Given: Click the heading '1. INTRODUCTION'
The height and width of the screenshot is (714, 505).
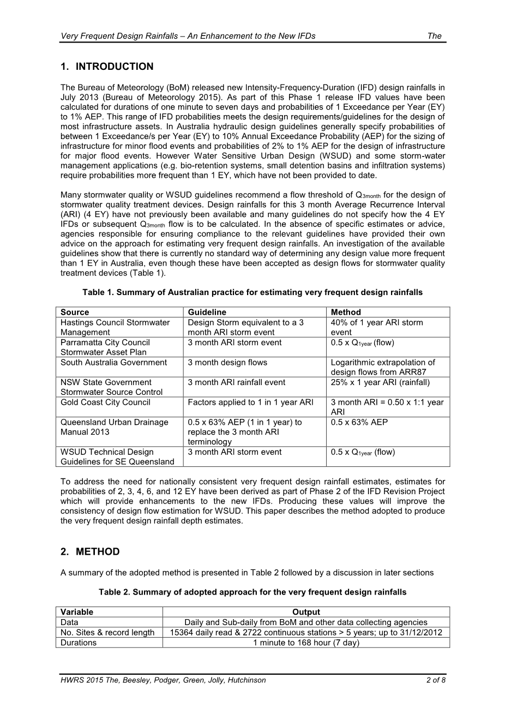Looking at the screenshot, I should [107, 67].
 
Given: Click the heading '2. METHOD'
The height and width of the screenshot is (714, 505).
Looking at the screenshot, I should [90, 551].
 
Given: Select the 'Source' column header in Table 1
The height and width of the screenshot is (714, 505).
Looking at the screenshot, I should [75, 312].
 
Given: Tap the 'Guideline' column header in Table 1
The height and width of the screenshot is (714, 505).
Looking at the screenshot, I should [207, 312].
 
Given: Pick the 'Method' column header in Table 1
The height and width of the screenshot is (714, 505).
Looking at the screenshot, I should [346, 312].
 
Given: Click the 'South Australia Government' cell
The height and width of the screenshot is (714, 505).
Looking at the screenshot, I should [113, 362].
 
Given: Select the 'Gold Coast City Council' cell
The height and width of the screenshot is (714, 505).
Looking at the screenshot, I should [105, 402].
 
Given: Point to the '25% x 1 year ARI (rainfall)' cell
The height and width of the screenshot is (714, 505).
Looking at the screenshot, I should [380, 382].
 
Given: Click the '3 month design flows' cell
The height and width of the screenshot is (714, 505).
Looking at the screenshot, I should [227, 362].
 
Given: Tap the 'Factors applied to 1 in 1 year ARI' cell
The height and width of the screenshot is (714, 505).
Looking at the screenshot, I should [250, 402].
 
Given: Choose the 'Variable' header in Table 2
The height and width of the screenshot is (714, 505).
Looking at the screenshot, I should [77, 612].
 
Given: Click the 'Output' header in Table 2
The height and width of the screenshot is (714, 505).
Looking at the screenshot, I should [306, 612].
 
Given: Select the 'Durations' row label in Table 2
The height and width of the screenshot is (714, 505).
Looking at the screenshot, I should [79, 642].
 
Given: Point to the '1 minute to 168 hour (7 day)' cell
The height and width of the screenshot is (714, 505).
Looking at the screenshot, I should [306, 642].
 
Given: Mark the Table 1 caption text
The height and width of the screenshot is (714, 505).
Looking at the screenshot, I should [253, 292].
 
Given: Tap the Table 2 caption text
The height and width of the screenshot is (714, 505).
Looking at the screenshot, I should [253, 592].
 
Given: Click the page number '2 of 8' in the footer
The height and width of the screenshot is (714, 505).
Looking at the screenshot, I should [436, 680].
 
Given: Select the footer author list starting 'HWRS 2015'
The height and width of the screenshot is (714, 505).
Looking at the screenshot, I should [163, 680].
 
